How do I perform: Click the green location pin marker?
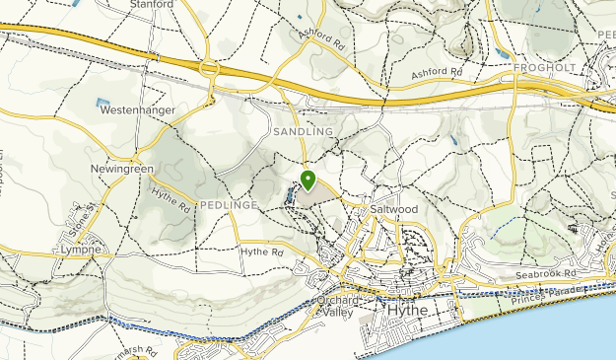coord(308,180)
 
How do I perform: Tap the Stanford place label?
coord(152,5)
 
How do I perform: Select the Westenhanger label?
coord(136,110)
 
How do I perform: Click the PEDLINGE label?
coord(228,204)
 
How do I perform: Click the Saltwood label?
coord(395,210)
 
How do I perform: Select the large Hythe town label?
coord(408,310)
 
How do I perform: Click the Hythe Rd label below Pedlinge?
coord(262,252)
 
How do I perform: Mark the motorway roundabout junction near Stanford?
coord(209,69)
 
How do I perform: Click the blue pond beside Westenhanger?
coord(103,102)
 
